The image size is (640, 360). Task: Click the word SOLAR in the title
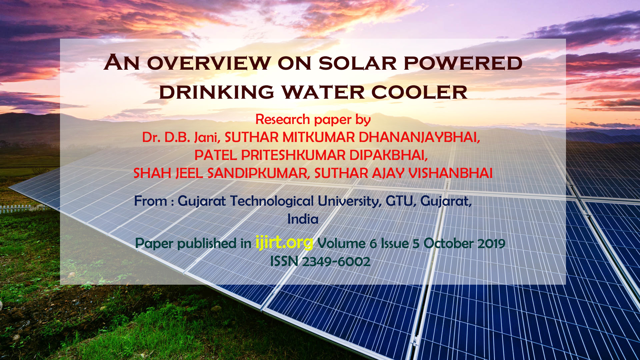(x=357, y=63)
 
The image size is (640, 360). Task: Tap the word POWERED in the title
(x=463, y=63)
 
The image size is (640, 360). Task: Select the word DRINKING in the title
(x=217, y=92)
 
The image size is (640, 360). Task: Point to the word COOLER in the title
(x=419, y=92)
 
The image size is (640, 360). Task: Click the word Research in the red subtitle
(x=283, y=119)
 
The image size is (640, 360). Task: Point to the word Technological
(x=272, y=201)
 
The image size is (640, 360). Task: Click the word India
(x=303, y=219)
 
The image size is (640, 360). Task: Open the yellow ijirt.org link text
(x=284, y=242)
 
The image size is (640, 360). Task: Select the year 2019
(x=491, y=244)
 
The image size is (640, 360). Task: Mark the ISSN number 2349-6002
(x=336, y=262)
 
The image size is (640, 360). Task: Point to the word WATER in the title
(x=323, y=92)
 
